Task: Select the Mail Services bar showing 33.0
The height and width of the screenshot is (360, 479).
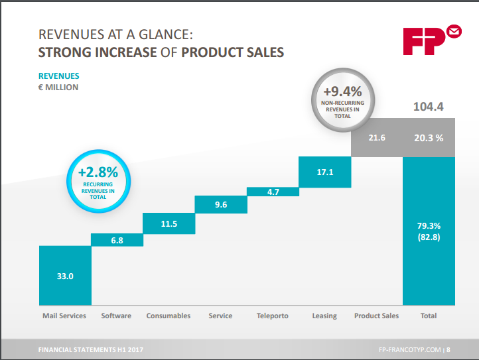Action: pyautogui.click(x=65, y=276)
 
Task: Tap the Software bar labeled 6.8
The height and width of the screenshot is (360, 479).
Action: pyautogui.click(x=117, y=240)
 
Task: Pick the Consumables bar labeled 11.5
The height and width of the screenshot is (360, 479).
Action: pyautogui.click(x=169, y=223)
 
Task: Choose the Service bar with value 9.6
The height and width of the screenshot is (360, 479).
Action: pyautogui.click(x=221, y=204)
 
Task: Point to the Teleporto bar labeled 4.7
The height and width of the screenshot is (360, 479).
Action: pyautogui.click(x=273, y=192)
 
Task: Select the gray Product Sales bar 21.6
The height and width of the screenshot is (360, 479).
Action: pyautogui.click(x=376, y=138)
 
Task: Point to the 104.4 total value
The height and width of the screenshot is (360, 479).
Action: pyautogui.click(x=428, y=106)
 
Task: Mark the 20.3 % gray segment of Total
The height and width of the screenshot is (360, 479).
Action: pyautogui.click(x=429, y=138)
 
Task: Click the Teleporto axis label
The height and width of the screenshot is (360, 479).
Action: pyautogui.click(x=273, y=316)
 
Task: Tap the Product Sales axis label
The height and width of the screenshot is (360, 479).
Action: pyautogui.click(x=376, y=316)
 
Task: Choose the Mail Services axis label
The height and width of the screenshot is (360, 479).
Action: pyautogui.click(x=64, y=316)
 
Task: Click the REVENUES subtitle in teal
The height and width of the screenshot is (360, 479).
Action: pyautogui.click(x=59, y=76)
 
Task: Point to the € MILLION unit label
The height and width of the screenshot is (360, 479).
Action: pyautogui.click(x=58, y=88)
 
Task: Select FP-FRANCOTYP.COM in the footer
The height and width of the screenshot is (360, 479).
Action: pyautogui.click(x=410, y=349)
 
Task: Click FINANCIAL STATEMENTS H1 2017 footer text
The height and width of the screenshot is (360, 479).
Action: pyautogui.click(x=90, y=349)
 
